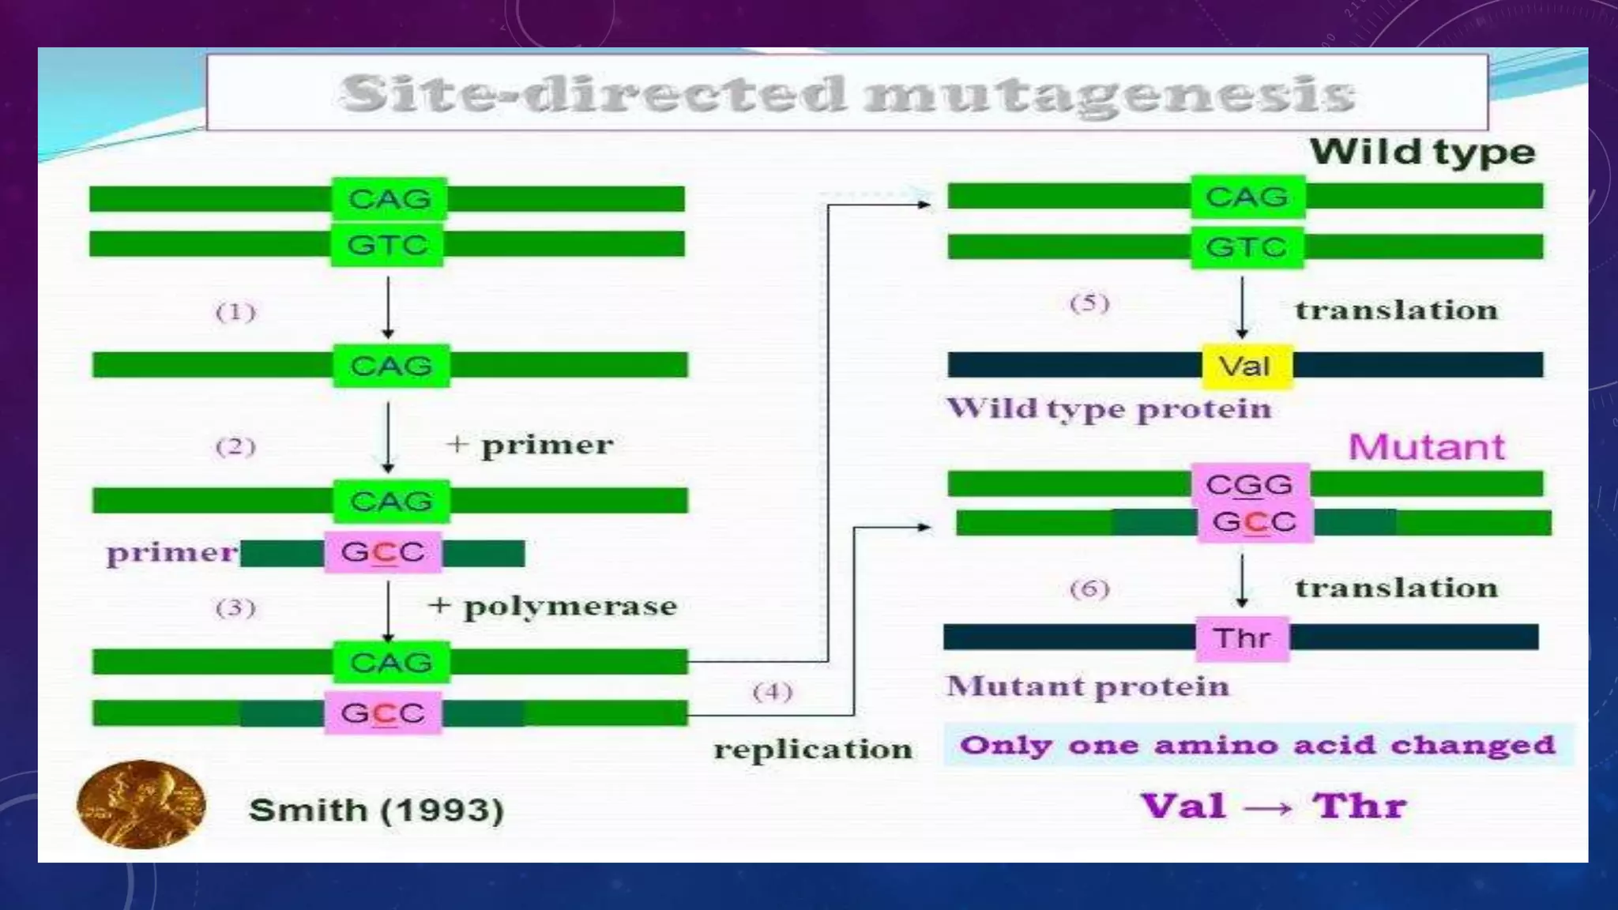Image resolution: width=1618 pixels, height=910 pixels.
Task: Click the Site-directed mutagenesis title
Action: (847, 94)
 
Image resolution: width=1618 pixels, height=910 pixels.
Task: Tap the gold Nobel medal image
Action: (141, 804)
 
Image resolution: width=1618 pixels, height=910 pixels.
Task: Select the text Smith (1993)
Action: (376, 810)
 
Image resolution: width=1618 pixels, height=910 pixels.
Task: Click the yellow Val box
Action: (1247, 367)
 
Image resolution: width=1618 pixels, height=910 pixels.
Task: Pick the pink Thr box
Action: (1242, 638)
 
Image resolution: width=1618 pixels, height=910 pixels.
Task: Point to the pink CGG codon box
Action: (1249, 484)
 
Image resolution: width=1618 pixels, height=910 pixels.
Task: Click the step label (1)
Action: (235, 313)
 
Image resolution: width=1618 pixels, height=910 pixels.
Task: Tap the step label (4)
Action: (772, 693)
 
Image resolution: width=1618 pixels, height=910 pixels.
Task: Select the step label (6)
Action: (1089, 589)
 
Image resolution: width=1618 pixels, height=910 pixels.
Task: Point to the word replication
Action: (813, 749)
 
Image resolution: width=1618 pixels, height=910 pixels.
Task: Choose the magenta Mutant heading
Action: (1426, 447)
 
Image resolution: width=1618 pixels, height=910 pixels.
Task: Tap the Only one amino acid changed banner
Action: (1258, 745)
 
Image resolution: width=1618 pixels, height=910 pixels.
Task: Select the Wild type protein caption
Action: (1109, 409)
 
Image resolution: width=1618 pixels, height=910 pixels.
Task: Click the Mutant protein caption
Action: (1088, 686)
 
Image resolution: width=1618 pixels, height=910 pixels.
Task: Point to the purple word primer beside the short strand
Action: (171, 553)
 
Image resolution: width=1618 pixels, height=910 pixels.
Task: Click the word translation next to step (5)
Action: (1396, 310)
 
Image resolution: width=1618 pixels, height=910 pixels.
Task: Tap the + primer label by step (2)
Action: (530, 446)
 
